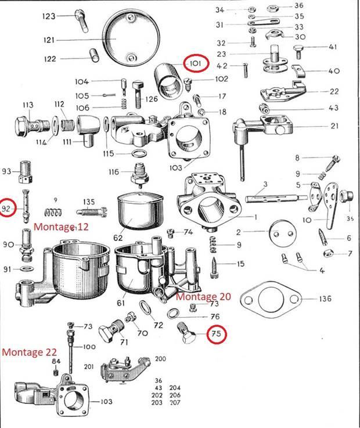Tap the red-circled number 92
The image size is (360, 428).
7,208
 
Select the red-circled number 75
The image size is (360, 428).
216,334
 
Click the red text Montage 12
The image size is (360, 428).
60,226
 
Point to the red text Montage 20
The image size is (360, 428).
203,296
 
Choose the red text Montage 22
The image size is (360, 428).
30,352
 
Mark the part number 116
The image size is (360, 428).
113,172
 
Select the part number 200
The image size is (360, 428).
160,359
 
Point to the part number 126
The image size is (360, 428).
152,99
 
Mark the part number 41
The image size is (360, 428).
333,47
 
